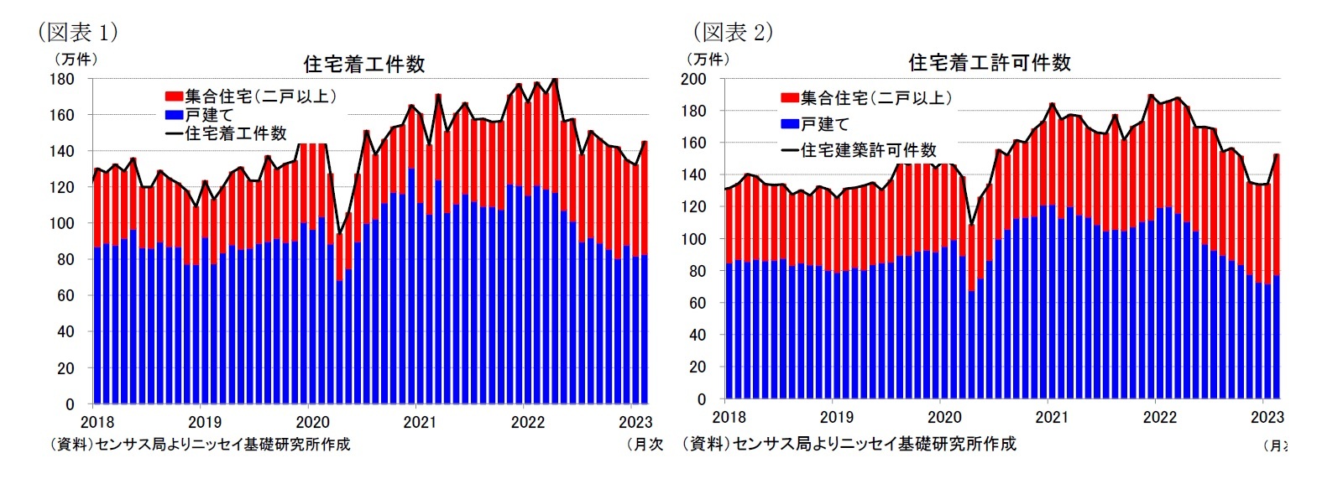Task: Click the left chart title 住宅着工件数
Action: point(363,65)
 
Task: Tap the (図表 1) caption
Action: point(77,32)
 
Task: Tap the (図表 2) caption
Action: point(732,32)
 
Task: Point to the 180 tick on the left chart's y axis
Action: point(62,79)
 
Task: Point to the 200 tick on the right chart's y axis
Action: point(693,79)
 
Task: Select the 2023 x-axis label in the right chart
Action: point(1267,417)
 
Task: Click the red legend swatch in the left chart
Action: point(174,96)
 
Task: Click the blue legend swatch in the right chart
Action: point(789,124)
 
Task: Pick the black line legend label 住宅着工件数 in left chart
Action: point(235,133)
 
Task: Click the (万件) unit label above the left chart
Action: point(75,59)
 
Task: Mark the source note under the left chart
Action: point(199,445)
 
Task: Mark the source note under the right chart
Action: point(849,444)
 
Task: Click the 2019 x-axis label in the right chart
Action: point(836,417)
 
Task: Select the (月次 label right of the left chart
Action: point(645,445)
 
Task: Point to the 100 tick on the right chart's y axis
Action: point(693,239)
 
